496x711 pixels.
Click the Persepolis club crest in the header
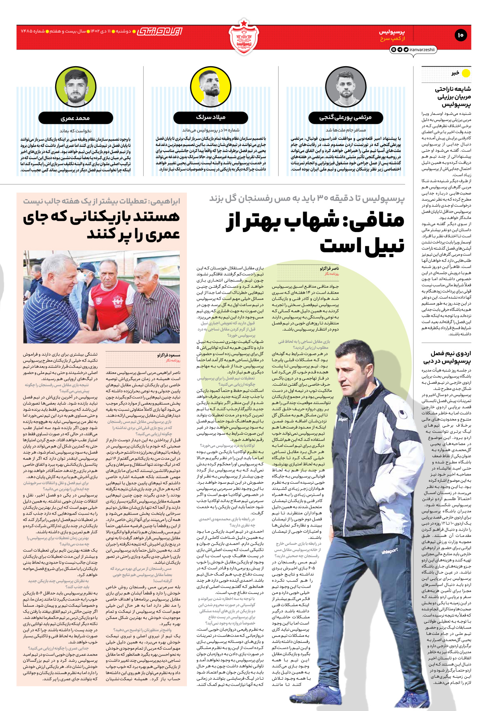[243, 37]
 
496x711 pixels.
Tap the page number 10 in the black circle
[460, 35]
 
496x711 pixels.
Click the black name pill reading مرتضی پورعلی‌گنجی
[345, 117]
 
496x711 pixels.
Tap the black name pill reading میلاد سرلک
[211, 117]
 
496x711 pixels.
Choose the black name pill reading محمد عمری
[75, 118]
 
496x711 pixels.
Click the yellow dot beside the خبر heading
[466, 73]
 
